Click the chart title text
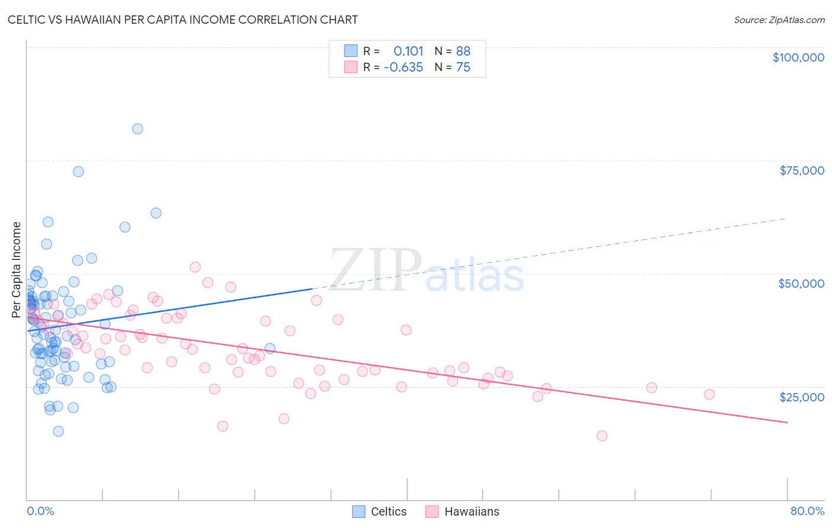click(x=182, y=20)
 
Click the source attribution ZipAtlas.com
click(x=779, y=20)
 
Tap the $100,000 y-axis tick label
click(x=798, y=57)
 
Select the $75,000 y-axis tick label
click(x=801, y=170)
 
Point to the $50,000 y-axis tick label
click(x=801, y=284)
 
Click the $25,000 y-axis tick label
click(x=801, y=397)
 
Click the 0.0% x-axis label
click(x=40, y=511)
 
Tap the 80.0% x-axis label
click(x=807, y=511)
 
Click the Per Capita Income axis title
click(x=17, y=270)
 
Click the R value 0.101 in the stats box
click(x=408, y=51)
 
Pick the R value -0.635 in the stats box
click(x=403, y=67)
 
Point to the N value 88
click(x=463, y=51)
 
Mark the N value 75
click(x=463, y=67)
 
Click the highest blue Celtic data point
click(x=137, y=128)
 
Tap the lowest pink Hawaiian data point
click(x=602, y=436)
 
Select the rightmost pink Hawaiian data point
click(x=709, y=394)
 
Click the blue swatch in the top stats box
click(x=351, y=51)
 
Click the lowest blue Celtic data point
click(x=58, y=431)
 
